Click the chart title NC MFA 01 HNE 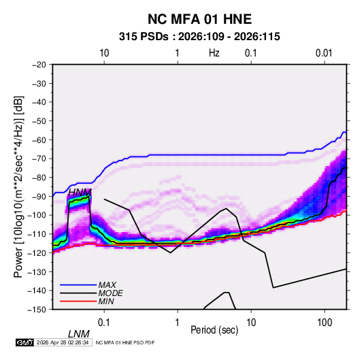[199, 19]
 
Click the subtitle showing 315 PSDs [199, 37]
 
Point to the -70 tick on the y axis [39, 159]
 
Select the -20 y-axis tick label [39, 65]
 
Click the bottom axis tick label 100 [325, 322]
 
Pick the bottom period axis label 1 [178, 322]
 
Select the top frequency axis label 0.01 [324, 53]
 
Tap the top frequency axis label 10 [104, 53]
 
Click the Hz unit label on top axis [214, 53]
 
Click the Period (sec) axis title [214, 330]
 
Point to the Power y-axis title [18, 187]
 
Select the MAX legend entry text [107, 284]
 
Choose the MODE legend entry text [110, 293]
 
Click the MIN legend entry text [106, 301]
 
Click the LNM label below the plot [79, 334]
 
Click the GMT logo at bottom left [25, 342]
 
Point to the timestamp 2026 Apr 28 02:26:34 [63, 342]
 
